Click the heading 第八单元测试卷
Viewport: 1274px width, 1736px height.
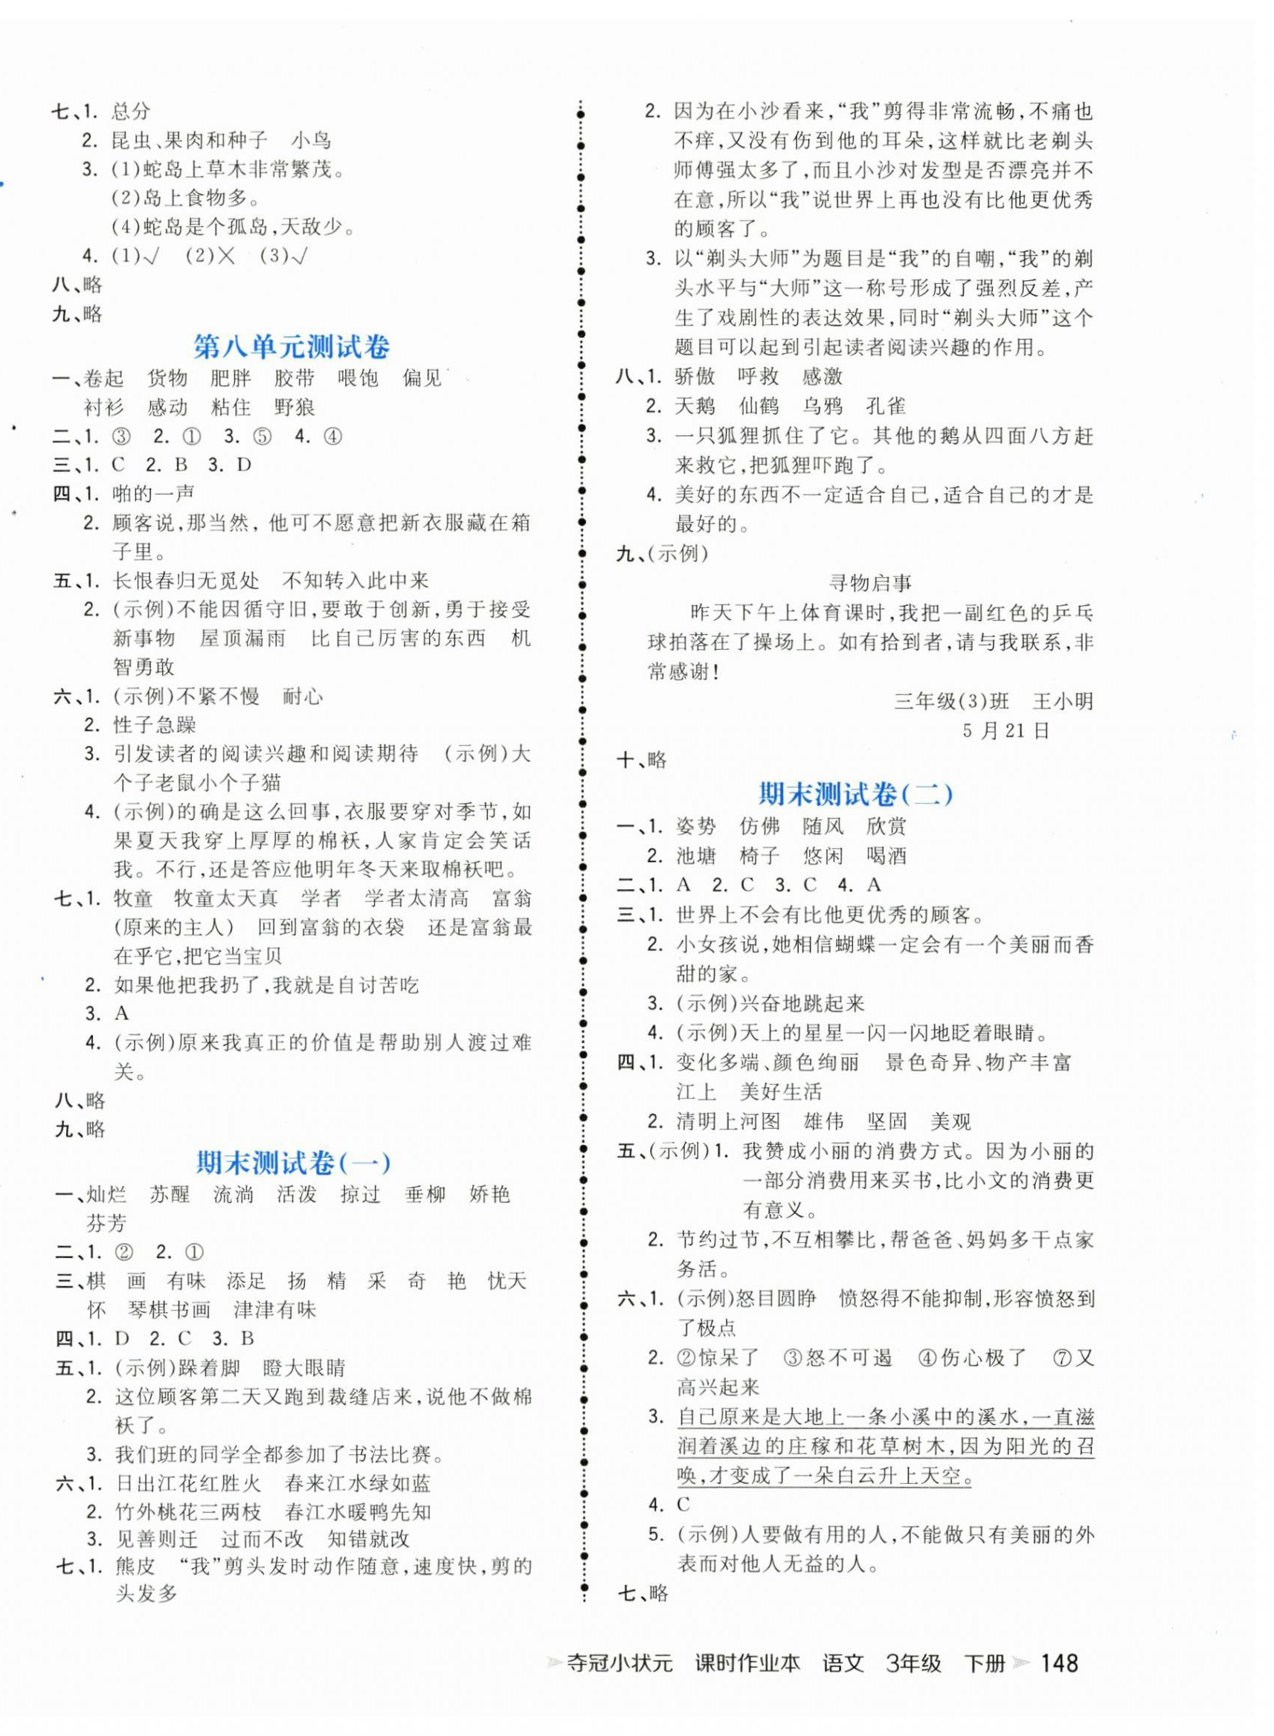[x=292, y=347]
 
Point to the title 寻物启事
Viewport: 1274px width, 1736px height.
[x=870, y=584]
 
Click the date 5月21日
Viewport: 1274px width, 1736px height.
[x=1006, y=731]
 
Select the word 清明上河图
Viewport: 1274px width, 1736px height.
[x=728, y=1121]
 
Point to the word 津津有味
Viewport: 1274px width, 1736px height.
[x=275, y=1310]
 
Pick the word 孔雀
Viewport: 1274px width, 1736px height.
[x=885, y=406]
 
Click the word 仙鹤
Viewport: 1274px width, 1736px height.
[x=759, y=406]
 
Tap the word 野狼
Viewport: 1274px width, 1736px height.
[x=295, y=407]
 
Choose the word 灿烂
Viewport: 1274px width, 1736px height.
[x=106, y=1195]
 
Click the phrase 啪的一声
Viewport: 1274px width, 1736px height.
[x=153, y=494]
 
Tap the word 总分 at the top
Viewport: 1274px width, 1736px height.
[x=131, y=112]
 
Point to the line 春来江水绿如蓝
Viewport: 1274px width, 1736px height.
[x=358, y=1483]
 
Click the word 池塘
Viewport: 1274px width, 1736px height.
[x=695, y=856]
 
